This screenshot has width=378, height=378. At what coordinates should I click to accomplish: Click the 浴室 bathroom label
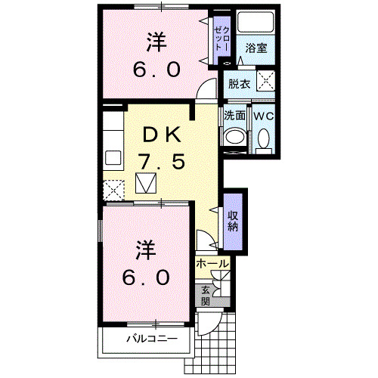[255, 48]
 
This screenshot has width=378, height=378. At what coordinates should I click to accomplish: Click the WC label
[262, 116]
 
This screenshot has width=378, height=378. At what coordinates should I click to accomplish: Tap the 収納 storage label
[234, 219]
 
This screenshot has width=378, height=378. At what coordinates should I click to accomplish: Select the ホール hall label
[212, 263]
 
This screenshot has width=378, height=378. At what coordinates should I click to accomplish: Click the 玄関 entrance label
[206, 294]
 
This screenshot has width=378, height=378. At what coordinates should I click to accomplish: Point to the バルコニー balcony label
[151, 338]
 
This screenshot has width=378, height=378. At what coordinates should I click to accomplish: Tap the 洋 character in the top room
[158, 42]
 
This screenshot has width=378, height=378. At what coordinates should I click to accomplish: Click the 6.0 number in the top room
[158, 70]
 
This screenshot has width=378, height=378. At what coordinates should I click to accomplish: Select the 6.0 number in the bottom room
[147, 277]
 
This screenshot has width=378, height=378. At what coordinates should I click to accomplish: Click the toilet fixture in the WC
[262, 138]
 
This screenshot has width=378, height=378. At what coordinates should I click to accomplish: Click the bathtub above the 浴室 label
[255, 26]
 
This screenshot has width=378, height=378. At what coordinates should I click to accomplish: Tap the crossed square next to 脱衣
[265, 82]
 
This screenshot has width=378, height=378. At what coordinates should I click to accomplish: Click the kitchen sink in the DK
[113, 160]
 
